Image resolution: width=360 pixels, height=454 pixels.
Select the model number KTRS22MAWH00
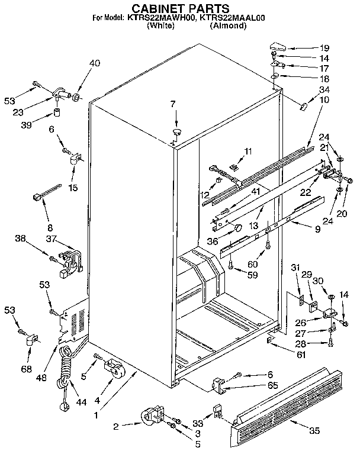[160, 18]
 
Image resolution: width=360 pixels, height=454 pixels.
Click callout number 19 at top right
[324, 47]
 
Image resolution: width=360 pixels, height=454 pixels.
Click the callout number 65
[256, 385]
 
